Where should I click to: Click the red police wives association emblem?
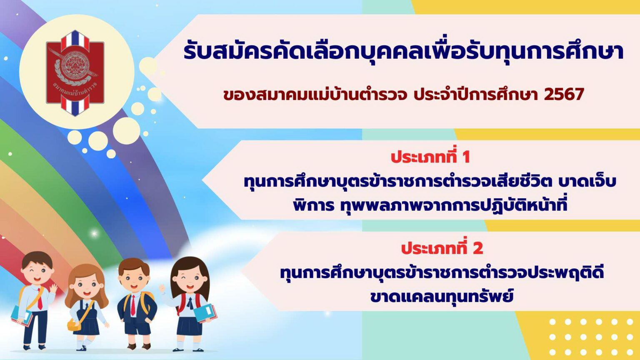click(75, 73)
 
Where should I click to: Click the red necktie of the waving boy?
click(40, 298)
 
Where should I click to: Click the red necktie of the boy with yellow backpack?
click(133, 305)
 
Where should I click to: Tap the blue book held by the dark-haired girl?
click(204, 313)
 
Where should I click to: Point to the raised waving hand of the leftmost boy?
click(53, 289)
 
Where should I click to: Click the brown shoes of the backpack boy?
click(139, 346)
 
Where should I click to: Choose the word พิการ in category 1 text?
click(313, 205)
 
